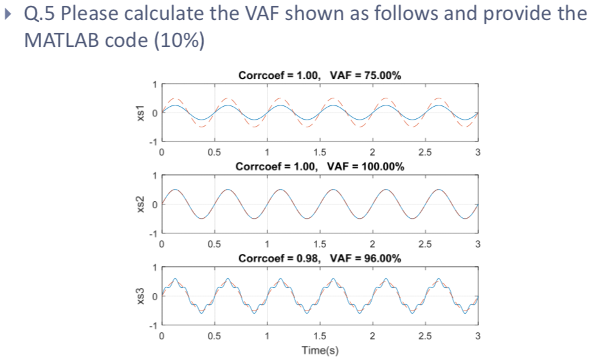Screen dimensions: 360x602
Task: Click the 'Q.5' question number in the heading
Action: (39, 14)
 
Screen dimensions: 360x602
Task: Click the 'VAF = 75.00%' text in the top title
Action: (365, 75)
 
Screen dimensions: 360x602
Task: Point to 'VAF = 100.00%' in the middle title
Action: (366, 166)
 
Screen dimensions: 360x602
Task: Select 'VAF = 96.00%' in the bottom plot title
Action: (365, 258)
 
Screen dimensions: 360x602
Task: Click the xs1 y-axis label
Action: (135, 113)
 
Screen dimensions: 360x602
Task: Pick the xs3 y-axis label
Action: (135, 296)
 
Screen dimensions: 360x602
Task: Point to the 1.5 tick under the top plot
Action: (319, 153)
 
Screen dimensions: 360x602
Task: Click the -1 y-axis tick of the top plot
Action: (152, 141)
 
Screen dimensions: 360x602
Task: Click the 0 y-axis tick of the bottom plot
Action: (154, 296)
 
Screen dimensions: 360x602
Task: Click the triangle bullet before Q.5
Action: (8, 14)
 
